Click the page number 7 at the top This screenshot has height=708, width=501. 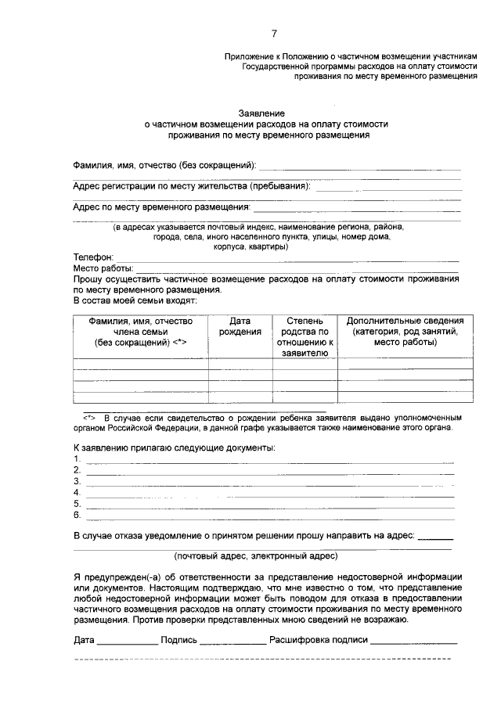(274, 33)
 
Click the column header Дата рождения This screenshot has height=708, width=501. (240, 326)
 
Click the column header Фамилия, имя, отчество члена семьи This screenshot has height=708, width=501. (140, 332)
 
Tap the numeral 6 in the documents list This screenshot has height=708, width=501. (76, 516)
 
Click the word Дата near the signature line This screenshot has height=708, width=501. (84, 639)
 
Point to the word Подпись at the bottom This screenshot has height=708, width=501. (178, 639)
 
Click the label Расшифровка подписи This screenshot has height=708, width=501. (318, 639)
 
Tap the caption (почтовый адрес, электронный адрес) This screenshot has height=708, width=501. (256, 557)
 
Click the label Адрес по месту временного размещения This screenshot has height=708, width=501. (162, 207)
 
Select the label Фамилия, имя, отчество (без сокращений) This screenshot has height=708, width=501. (165, 166)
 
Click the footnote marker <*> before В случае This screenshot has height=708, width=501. (88, 418)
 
